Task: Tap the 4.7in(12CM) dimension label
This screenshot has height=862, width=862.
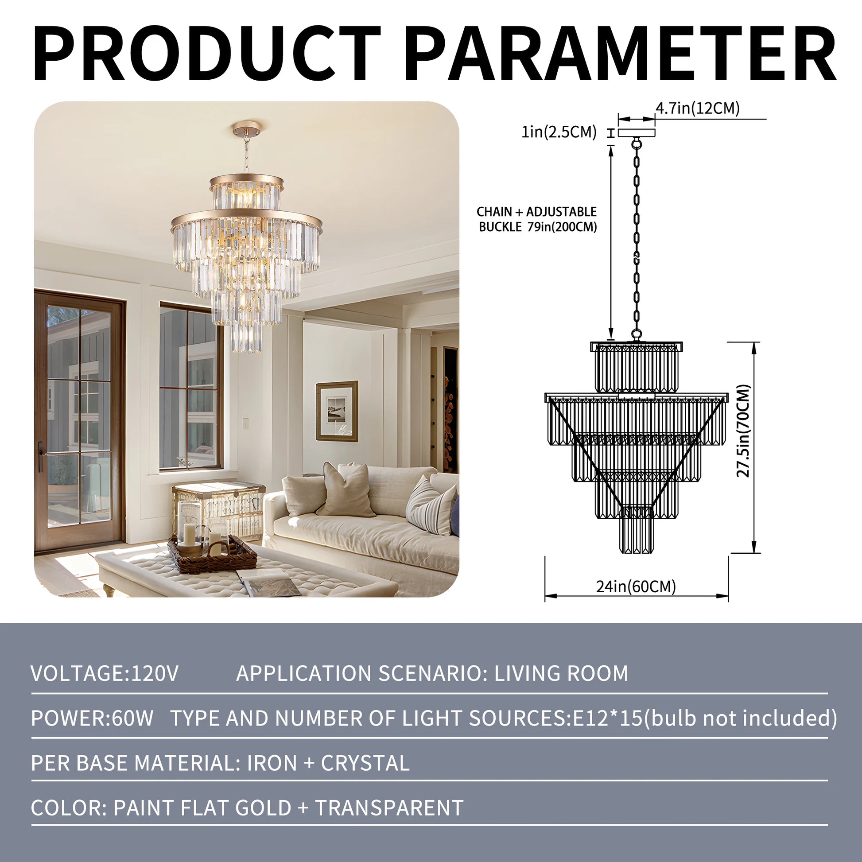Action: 697,108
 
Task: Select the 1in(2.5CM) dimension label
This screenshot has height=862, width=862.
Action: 559,132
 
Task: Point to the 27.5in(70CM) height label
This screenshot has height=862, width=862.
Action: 744,431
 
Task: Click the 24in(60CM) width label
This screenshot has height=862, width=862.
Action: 636,586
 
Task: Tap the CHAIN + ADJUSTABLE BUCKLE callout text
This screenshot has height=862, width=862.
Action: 537,219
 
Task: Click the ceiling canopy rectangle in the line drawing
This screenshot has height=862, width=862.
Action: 636,132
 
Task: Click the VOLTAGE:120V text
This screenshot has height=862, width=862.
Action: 105,673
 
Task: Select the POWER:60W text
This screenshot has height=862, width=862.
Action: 92,718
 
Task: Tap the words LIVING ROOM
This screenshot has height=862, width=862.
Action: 561,673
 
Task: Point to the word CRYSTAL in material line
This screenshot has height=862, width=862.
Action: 365,763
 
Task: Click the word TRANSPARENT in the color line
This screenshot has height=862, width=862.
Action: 389,808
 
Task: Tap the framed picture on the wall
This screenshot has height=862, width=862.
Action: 337,411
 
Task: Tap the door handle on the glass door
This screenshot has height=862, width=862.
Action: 41,456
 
